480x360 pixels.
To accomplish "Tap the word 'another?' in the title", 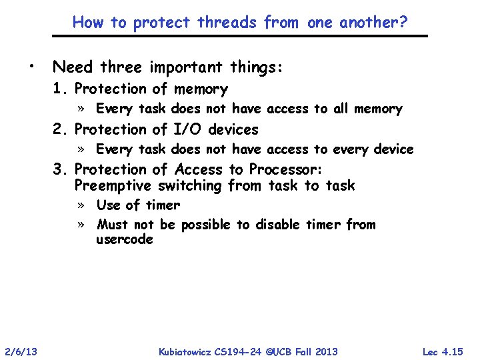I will pos(375,23).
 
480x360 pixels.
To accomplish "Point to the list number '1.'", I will pos(62,89).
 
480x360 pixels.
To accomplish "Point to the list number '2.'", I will pos(62,129).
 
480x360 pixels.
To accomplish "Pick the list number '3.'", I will pos(62,170).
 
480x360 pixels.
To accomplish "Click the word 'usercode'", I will pos(125,239).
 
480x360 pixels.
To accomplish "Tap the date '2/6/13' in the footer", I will pos(20,351).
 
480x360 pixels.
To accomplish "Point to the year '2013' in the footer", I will pos(325,351).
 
